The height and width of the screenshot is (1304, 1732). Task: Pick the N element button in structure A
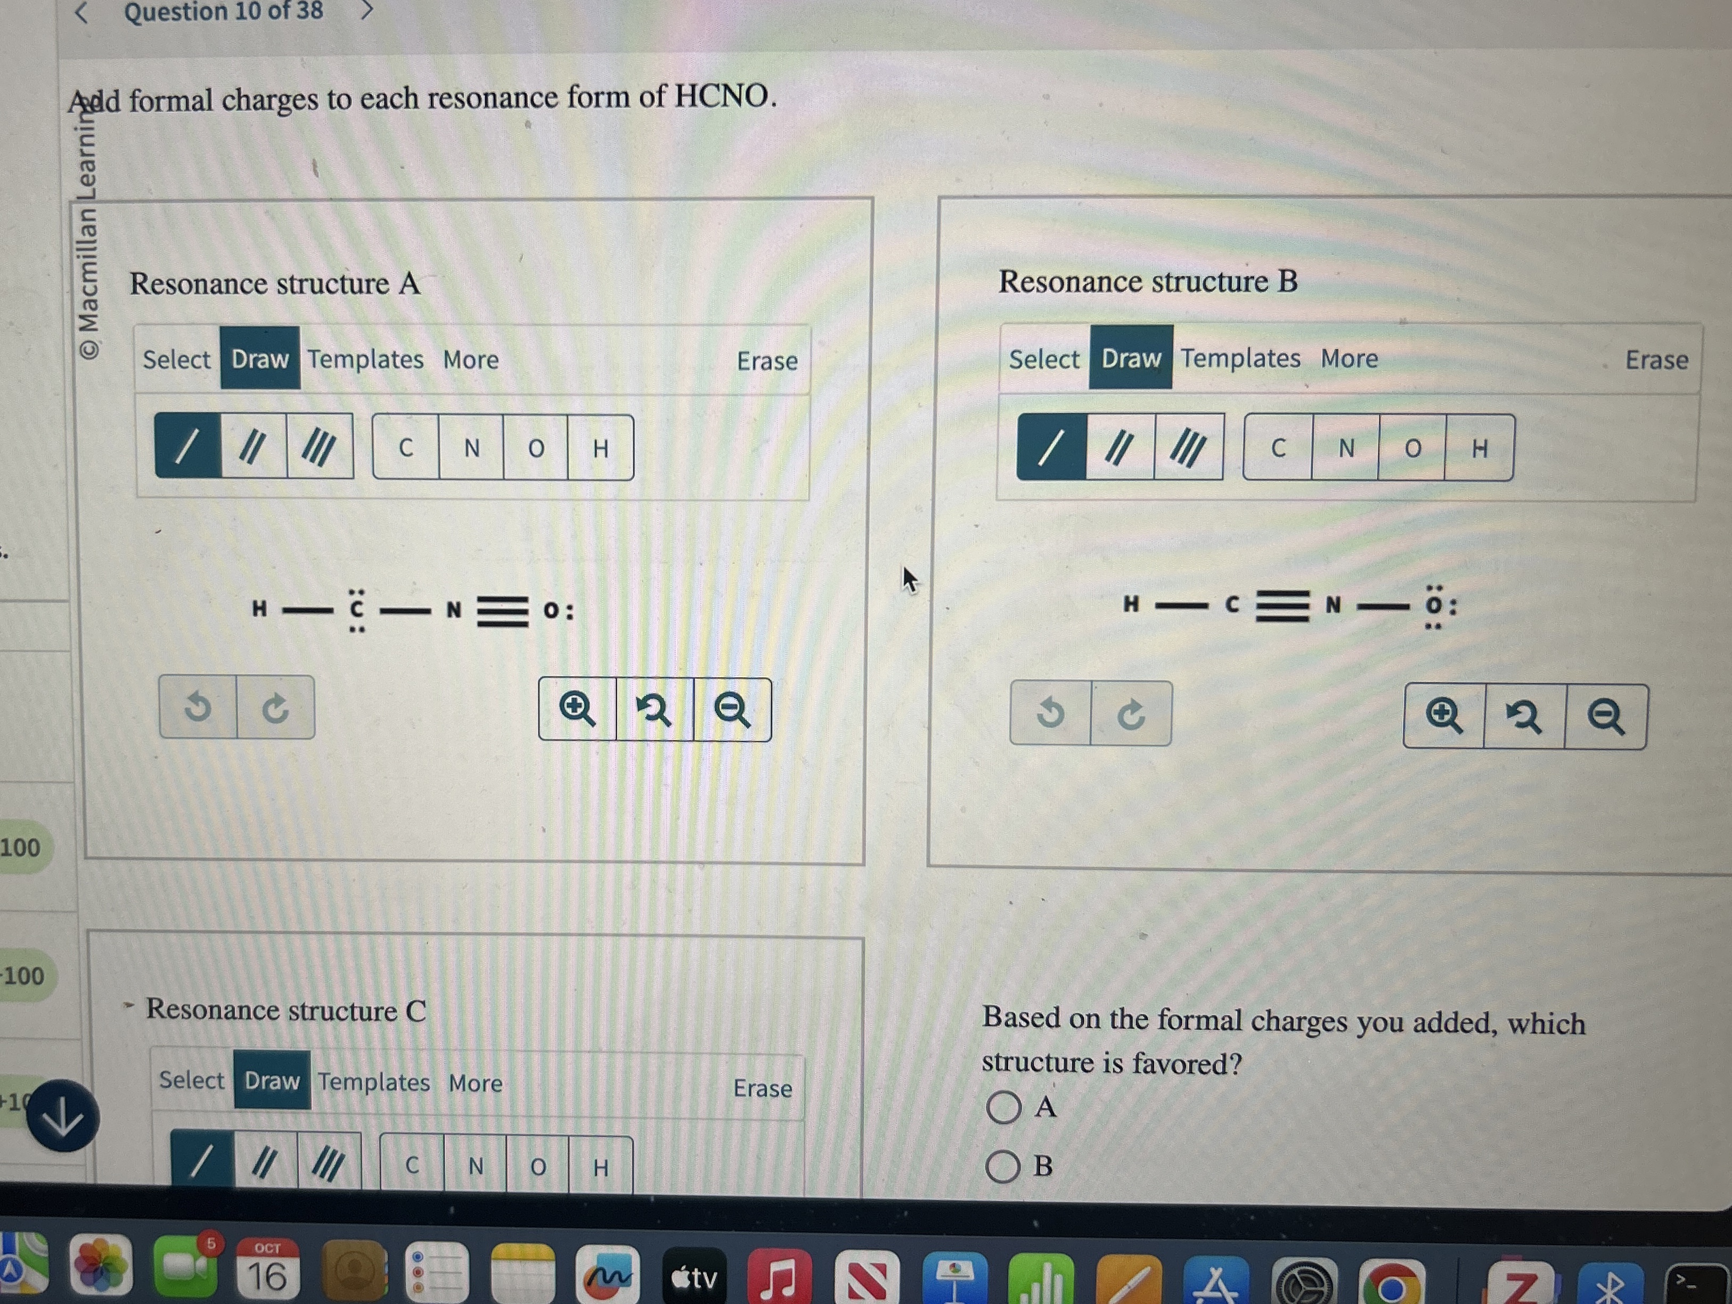click(471, 448)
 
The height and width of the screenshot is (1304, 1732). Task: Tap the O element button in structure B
click(1412, 448)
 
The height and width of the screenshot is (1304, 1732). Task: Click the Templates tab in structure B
click(1240, 358)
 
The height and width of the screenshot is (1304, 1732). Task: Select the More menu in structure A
click(471, 360)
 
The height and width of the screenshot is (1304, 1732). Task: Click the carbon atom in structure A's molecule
click(357, 609)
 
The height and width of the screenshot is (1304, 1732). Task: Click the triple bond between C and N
click(1282, 605)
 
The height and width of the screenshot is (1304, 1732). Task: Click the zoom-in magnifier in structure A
click(577, 709)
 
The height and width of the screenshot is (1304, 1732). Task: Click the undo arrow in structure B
click(1050, 713)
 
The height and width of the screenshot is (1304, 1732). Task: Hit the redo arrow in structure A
click(275, 708)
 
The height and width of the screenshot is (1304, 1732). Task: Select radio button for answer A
click(1003, 1107)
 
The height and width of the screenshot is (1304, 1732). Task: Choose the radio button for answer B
click(1003, 1166)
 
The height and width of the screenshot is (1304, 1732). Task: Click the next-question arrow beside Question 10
click(366, 11)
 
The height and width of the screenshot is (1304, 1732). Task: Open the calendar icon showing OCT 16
click(266, 1268)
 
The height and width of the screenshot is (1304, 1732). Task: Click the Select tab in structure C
click(192, 1080)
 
